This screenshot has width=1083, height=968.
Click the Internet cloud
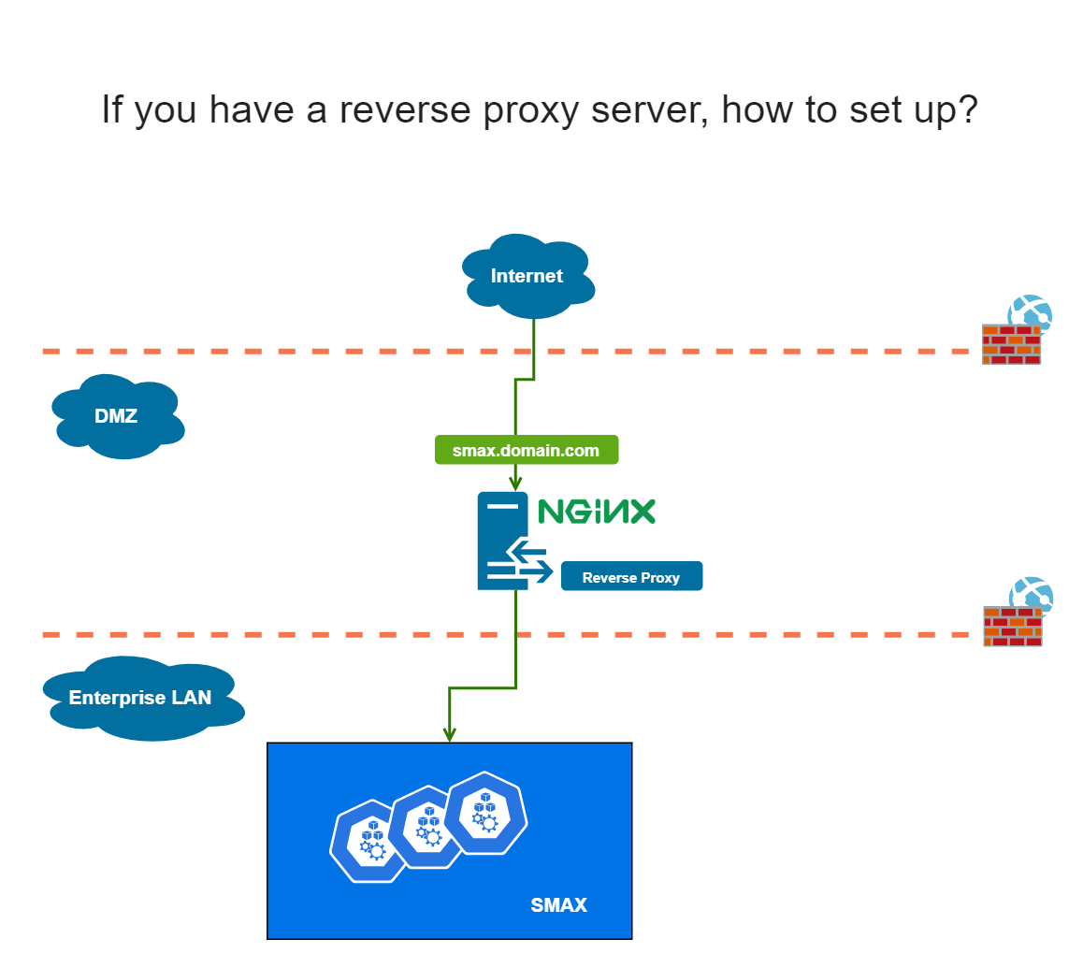(527, 276)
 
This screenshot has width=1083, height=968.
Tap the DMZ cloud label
(116, 416)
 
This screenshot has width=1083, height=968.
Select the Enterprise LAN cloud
(140, 698)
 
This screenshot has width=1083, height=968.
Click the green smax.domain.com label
(526, 450)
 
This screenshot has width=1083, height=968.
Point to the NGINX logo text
(596, 511)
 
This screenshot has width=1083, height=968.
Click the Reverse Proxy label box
(631, 577)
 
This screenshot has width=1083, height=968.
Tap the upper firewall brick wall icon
(1011, 344)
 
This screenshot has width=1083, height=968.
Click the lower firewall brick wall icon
(1013, 627)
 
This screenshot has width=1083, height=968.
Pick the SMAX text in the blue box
(558, 904)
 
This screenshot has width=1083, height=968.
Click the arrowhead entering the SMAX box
(450, 734)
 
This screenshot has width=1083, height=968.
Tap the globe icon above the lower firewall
(1031, 597)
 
